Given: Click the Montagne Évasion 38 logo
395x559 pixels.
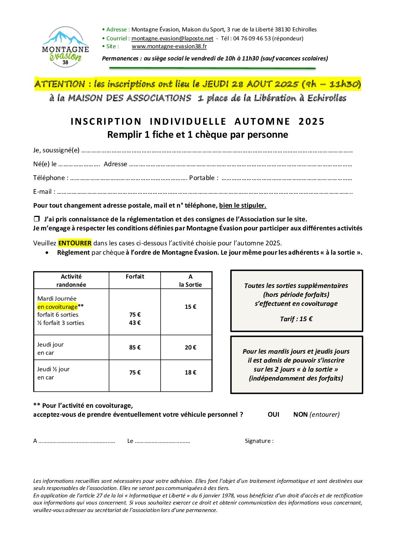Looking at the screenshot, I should (65, 47).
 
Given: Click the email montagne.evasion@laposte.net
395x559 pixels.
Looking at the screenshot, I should (172, 38).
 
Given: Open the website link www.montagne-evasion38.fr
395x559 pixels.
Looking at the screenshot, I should (169, 46).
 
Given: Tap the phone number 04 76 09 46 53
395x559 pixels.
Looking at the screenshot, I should (252, 38).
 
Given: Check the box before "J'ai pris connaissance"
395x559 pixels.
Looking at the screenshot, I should (37, 219).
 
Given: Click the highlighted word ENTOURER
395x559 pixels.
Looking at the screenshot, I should (75, 243).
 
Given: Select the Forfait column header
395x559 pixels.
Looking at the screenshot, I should (135, 277).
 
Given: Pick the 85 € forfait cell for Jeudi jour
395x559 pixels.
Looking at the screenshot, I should (135, 347).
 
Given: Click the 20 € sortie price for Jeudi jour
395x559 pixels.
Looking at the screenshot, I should (190, 347).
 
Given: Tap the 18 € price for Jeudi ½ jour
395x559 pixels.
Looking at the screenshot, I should (190, 372).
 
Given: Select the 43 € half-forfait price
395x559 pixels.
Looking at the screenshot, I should (135, 323).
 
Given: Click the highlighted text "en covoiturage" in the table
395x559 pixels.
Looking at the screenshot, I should (57, 307).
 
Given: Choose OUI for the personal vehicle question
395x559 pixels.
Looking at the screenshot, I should (273, 414).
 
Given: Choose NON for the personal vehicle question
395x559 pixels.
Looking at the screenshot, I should (300, 414).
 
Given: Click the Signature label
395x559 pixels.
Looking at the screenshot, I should (259, 441).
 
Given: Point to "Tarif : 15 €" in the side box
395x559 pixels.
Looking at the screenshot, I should (296, 319).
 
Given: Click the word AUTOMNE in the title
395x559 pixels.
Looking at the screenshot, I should (262, 122).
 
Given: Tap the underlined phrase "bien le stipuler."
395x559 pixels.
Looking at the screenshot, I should (243, 205).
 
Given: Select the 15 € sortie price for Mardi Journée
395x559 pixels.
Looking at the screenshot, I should (190, 307).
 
